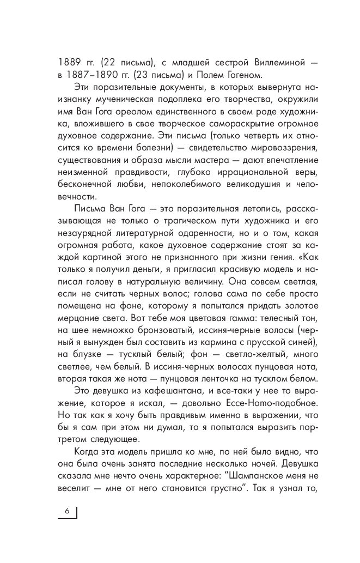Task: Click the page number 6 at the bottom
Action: [x=67, y=511]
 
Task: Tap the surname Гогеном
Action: [x=235, y=74]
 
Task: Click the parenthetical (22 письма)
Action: [x=126, y=60]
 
